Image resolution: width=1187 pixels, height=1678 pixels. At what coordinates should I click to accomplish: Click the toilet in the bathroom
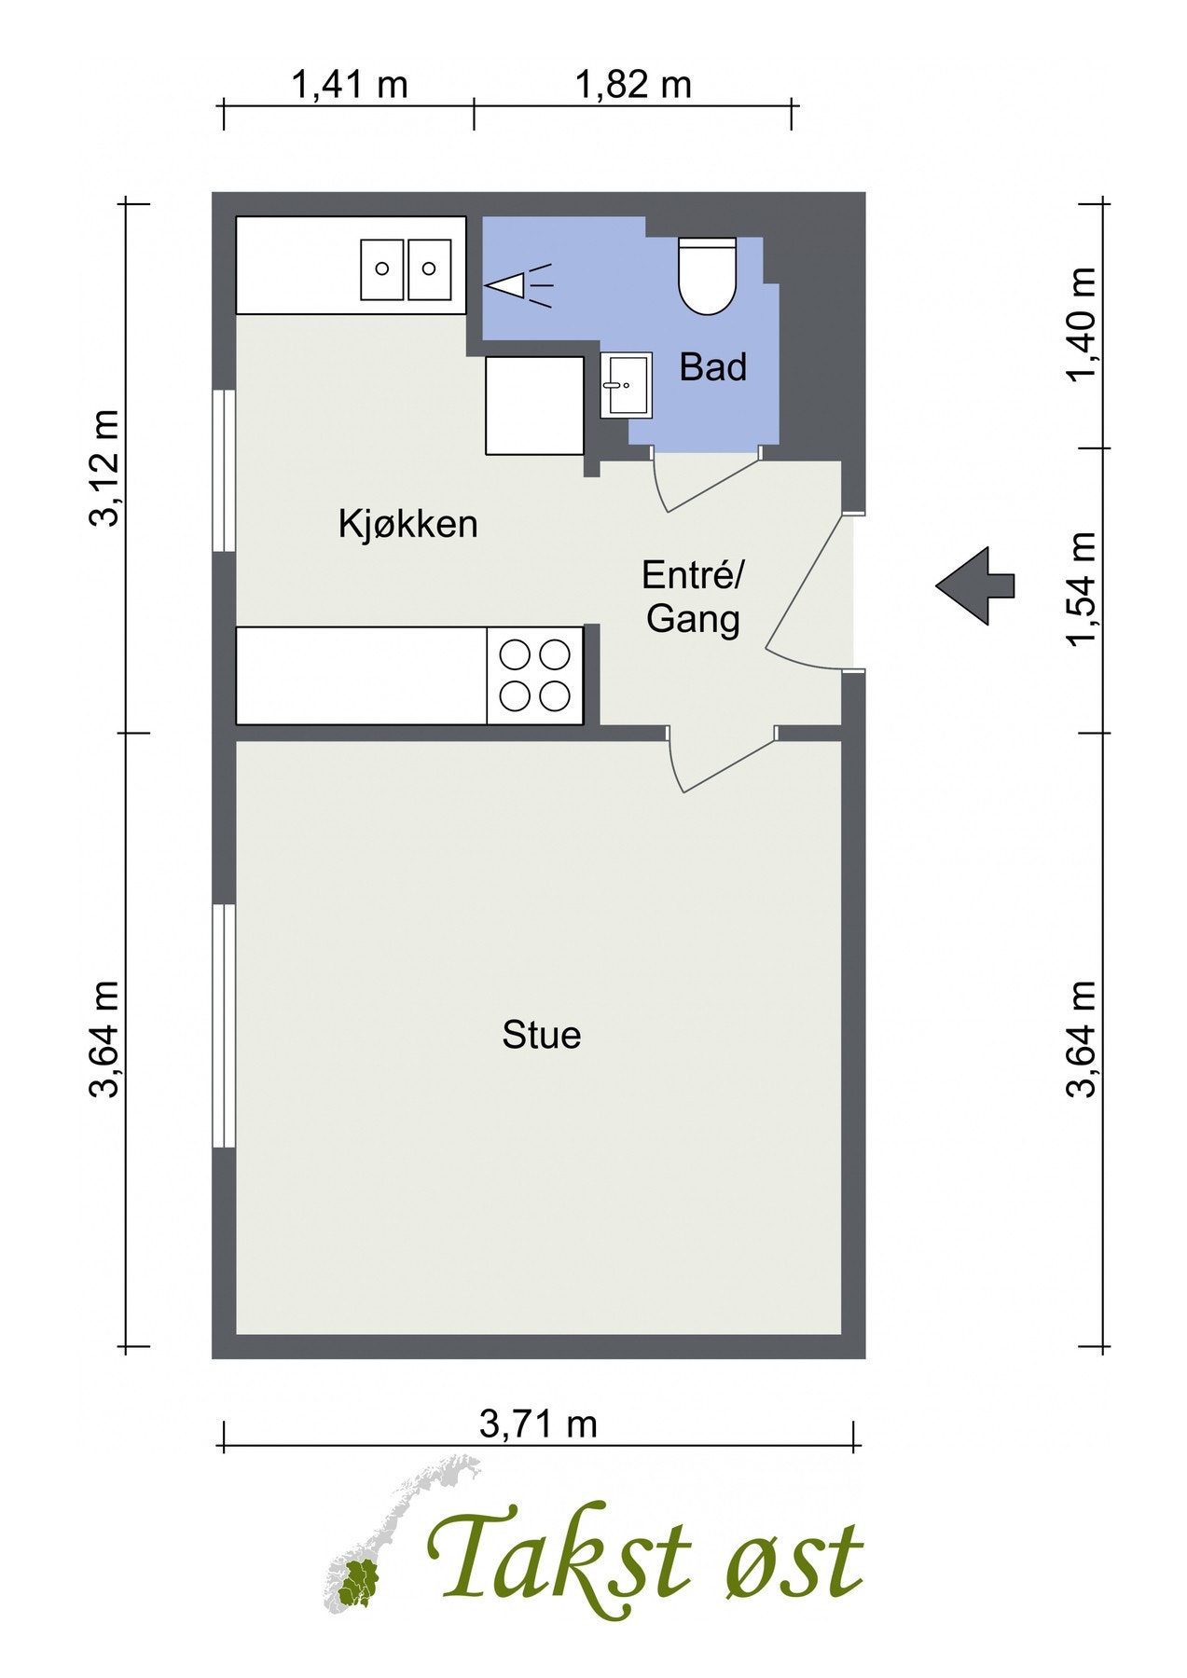coord(707,277)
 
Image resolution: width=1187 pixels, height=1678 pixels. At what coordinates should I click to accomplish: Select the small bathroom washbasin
coord(627,384)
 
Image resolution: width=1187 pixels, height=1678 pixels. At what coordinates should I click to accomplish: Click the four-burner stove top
coord(535,676)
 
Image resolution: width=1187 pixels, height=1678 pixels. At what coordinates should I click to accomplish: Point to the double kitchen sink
coord(407,268)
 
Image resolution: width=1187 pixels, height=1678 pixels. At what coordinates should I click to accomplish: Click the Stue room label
coord(541,1035)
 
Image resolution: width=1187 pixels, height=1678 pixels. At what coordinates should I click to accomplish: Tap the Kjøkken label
coord(407,524)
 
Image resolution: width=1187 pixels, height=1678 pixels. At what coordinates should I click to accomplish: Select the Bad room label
coord(712,367)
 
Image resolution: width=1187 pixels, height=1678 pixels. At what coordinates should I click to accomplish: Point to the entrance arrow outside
coord(974,585)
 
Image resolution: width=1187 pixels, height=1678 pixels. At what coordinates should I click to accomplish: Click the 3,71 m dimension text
coord(538,1424)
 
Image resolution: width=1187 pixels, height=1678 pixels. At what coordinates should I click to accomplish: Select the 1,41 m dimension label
coord(349,85)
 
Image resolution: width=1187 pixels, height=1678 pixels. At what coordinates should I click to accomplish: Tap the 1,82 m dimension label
coord(633,85)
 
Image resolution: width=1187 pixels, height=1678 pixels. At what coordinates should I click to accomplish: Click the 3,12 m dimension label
coord(104,468)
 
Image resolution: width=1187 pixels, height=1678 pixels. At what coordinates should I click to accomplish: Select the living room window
coord(224,1025)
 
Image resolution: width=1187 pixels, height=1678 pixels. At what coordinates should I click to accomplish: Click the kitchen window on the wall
coord(224,471)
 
